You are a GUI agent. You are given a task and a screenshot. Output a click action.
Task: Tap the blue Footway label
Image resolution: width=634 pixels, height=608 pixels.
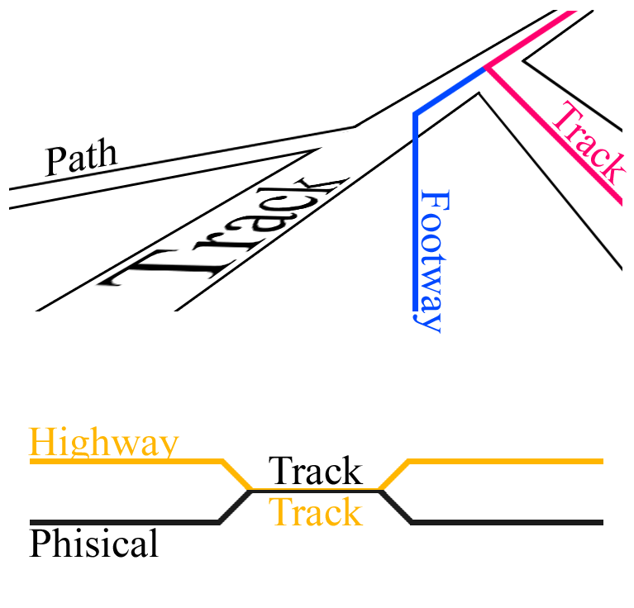click(433, 261)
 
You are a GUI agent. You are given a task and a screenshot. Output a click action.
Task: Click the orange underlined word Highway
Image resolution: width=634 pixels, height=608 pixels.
click(103, 443)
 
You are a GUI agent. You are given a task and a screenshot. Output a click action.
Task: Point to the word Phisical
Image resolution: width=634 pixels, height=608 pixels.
click(93, 544)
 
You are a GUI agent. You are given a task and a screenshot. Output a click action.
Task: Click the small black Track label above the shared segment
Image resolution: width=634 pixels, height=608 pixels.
click(316, 472)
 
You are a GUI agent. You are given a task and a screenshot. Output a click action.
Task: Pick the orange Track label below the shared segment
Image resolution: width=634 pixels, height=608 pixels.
click(316, 512)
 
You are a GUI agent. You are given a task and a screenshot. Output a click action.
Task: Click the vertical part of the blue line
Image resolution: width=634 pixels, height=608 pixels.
click(416, 215)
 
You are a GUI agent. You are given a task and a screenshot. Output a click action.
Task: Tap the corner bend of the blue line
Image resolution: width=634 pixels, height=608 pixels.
click(417, 113)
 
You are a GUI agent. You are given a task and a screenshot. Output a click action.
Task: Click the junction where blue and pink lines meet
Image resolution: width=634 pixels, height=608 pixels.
click(487, 68)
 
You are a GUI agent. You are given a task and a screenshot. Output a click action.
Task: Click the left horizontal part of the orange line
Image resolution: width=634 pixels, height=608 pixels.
click(124, 461)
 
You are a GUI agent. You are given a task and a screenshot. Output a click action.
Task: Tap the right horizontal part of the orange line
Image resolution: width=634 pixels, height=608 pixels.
click(504, 461)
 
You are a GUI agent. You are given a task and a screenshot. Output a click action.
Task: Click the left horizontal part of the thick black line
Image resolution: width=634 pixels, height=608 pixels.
click(124, 522)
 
